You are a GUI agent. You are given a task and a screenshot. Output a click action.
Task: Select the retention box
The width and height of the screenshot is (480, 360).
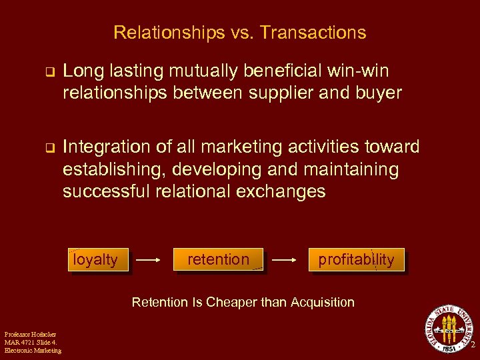pyautogui.click(x=218, y=259)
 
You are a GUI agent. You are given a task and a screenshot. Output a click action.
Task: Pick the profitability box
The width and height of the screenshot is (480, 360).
pyautogui.click(x=356, y=259)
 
